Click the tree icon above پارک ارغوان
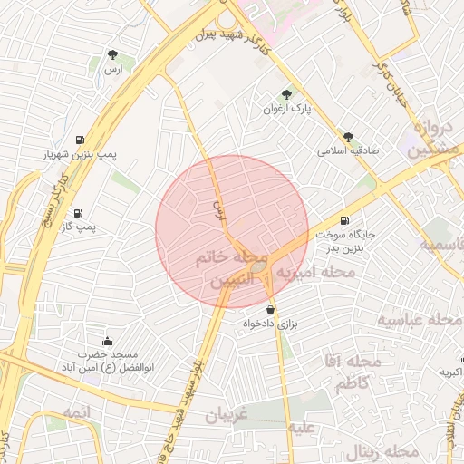pos(286,93)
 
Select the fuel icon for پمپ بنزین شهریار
pos(82,140)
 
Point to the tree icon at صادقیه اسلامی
pos(348,137)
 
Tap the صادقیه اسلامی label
pos(347,151)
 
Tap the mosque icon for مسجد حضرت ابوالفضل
pos(108,341)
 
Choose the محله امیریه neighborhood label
pos(316,271)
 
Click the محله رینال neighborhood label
pos(374,451)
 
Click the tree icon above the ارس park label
pos(111,55)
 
